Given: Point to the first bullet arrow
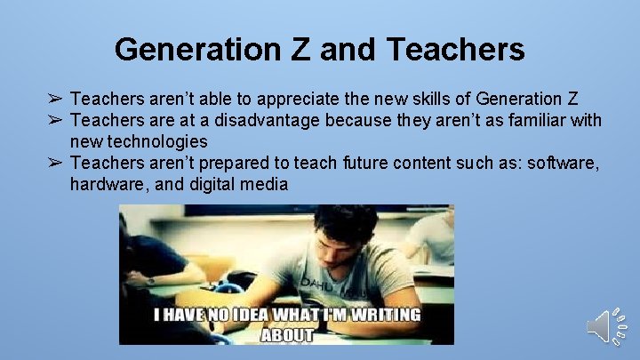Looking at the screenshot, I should [55, 98].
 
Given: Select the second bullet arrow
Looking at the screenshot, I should [55, 120].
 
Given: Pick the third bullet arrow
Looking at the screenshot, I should [55, 163].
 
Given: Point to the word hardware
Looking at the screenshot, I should [106, 185].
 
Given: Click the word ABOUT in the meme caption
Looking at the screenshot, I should [286, 335].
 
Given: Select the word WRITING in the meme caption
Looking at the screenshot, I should [388, 315].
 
